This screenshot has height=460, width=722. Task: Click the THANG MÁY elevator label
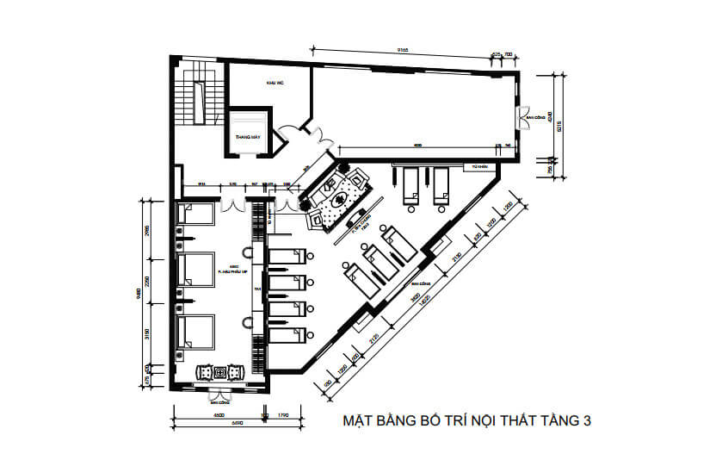coord(248,136)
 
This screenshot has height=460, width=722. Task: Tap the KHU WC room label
coord(275,82)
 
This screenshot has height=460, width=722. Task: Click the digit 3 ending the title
coord(586,422)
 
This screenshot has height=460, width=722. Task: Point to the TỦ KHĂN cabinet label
coord(480,165)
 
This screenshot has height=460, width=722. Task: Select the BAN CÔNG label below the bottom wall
coord(221,401)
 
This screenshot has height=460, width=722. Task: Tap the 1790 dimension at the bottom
coord(283,415)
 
